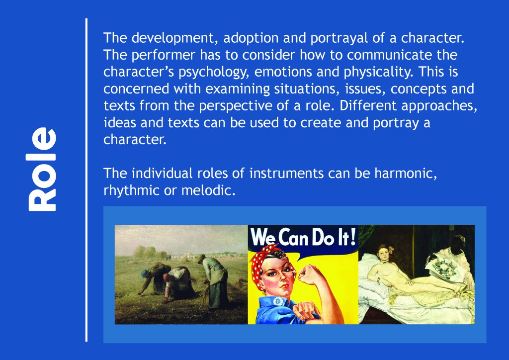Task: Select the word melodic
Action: click(208, 190)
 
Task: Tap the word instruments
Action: click(286, 174)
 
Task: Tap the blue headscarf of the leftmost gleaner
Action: click(145, 273)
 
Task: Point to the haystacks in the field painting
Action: click(148, 252)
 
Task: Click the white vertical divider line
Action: click(86, 180)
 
